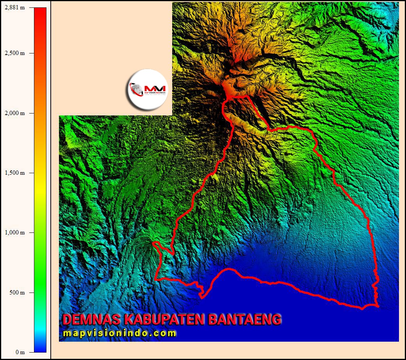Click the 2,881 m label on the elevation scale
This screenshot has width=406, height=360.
[x=14, y=8]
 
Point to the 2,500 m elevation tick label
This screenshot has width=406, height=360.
[x=14, y=53]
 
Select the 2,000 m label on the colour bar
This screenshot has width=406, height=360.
[x=14, y=113]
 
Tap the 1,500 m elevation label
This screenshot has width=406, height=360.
[x=14, y=173]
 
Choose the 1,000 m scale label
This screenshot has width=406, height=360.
[x=14, y=232]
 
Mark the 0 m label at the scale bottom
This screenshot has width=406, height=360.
[x=20, y=352]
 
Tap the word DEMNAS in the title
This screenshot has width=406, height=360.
[x=91, y=319]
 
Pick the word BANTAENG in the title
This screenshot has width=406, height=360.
[x=245, y=319]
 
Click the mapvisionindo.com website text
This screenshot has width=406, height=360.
[x=119, y=333]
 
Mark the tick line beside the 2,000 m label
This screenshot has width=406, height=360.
[x=32, y=113]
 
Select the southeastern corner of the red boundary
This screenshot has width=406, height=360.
[x=378, y=306]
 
